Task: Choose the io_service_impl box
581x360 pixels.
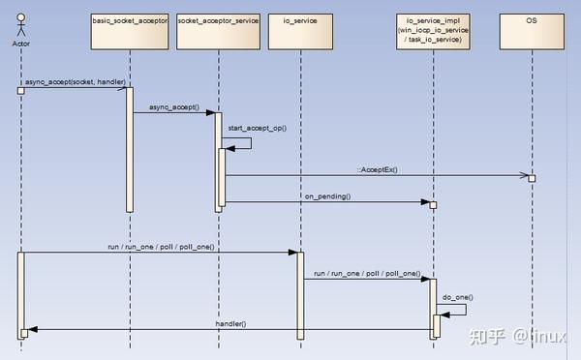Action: coord(433,28)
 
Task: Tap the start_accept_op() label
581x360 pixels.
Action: coord(257,128)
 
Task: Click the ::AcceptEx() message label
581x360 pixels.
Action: coord(376,169)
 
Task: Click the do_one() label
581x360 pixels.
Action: coord(458,297)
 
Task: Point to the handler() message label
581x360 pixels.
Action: coord(229,322)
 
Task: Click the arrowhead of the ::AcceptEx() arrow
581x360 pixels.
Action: coord(529,176)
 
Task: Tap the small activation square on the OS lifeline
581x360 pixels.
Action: coord(532,178)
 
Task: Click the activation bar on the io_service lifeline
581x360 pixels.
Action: coord(299,295)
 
